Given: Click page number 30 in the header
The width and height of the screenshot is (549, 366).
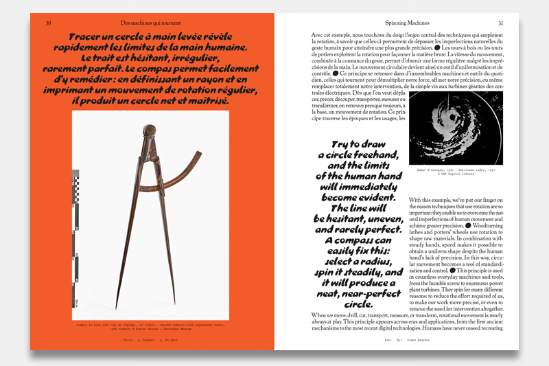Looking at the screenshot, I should (x=49, y=23).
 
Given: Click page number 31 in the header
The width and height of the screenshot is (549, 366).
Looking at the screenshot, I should (x=500, y=23).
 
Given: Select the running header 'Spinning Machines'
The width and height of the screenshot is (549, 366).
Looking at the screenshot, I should (x=396, y=23).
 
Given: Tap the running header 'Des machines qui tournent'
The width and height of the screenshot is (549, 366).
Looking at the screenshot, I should (x=148, y=23).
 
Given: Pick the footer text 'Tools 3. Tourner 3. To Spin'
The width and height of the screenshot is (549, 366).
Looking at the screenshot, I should (x=150, y=339).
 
